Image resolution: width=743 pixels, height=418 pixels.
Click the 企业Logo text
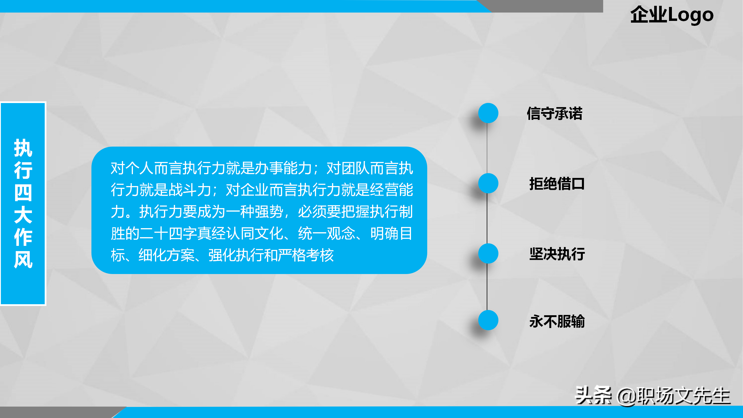[672, 15]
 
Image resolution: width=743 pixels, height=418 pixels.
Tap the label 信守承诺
[555, 113]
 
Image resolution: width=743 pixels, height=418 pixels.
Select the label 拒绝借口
[557, 184]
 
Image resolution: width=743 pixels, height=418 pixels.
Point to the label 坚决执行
[557, 254]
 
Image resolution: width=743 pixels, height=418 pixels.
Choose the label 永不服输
[557, 321]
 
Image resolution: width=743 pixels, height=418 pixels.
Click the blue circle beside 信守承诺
[488, 113]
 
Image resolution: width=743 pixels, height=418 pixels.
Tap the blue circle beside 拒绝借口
[488, 183]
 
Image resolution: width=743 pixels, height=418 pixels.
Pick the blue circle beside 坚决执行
[488, 253]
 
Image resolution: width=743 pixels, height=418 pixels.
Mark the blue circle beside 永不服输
[488, 320]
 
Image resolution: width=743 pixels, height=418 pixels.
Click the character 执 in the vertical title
[23, 148]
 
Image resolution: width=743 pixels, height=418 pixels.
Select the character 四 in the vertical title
[23, 193]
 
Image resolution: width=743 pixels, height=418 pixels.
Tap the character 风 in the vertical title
[23, 260]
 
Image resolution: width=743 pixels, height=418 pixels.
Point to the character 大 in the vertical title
[23, 215]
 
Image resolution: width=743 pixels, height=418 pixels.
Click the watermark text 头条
[593, 395]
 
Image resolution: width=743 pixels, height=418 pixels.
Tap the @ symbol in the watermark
[627, 397]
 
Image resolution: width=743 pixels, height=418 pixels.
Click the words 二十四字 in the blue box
[168, 233]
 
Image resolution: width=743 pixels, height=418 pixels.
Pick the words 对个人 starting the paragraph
[132, 168]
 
